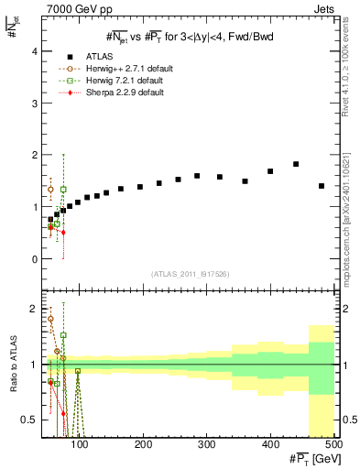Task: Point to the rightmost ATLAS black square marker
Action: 322,186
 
